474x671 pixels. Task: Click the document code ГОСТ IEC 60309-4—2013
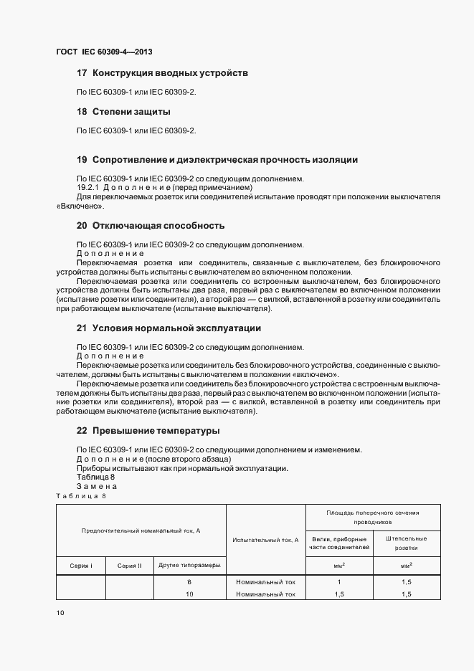[104, 52]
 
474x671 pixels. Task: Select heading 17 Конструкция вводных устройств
[162, 73]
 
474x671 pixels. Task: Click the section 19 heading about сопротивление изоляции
[217, 159]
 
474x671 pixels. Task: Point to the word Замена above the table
[97, 486]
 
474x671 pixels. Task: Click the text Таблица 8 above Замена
[95, 477]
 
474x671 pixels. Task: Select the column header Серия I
[80, 566]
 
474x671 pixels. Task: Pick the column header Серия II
[130, 566]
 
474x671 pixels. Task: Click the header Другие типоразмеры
[189, 566]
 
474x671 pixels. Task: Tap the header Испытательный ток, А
[265, 540]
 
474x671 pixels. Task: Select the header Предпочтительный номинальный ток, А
[141, 530]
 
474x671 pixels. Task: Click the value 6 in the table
[189, 582]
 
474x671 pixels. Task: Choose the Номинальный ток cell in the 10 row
[265, 594]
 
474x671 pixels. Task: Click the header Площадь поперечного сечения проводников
[373, 518]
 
